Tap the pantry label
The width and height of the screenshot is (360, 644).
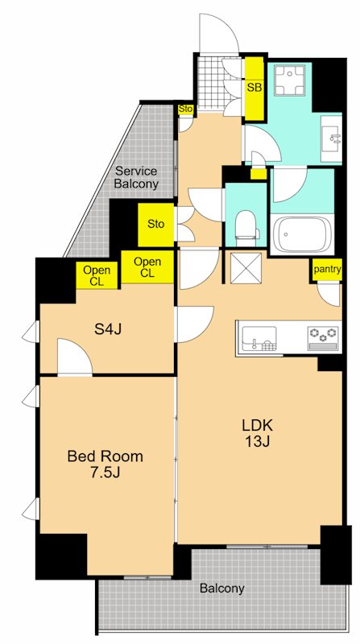coord(328,270)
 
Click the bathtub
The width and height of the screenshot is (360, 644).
coord(303,234)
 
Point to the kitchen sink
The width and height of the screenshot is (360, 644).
coord(258,336)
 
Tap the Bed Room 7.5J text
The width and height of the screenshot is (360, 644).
coord(105,464)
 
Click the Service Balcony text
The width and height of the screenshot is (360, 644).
coord(135,177)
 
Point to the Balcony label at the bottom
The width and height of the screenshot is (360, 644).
coord(222,588)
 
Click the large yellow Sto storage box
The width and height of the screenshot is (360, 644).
coord(156,224)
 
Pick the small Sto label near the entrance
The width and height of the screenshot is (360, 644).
coord(185,108)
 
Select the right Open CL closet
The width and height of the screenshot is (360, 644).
coord(147,267)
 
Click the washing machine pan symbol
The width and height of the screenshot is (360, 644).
coord(289,78)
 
